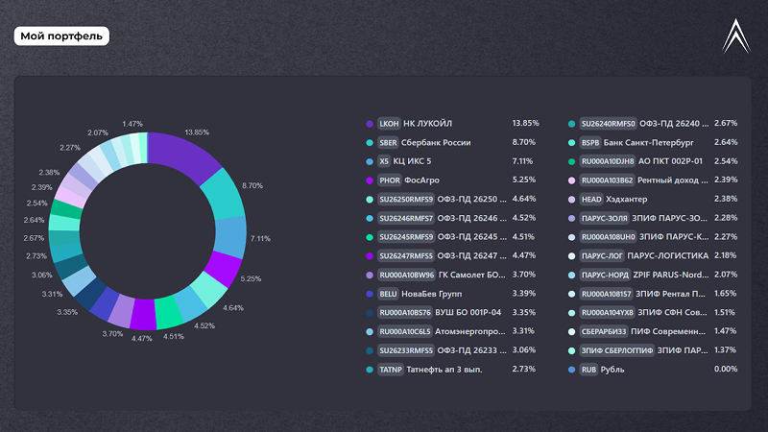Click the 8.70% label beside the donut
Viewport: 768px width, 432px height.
click(252, 184)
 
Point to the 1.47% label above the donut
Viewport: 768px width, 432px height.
click(132, 124)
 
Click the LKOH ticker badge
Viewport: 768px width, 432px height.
click(389, 124)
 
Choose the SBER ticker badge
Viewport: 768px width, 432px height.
click(389, 142)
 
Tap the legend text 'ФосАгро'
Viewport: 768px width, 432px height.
click(421, 180)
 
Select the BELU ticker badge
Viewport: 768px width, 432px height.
click(389, 293)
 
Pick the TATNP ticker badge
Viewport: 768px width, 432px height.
click(391, 369)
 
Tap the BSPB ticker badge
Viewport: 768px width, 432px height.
click(590, 142)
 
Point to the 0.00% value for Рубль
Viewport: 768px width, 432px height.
click(726, 369)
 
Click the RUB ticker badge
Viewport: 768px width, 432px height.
click(589, 369)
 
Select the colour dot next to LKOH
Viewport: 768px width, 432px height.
click(370, 124)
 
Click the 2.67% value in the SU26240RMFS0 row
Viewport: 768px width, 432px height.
click(726, 124)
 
